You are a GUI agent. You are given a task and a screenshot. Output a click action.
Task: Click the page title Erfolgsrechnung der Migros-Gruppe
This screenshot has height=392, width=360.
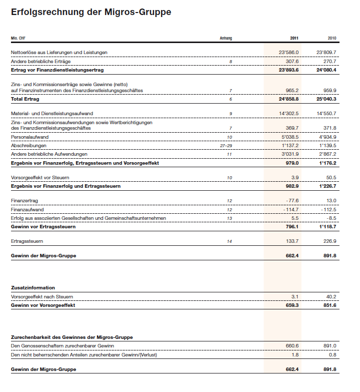[x=91, y=12]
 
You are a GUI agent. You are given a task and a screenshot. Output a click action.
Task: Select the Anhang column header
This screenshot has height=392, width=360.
[x=226, y=39]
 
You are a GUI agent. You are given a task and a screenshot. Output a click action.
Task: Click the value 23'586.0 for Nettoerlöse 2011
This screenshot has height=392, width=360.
[x=288, y=53]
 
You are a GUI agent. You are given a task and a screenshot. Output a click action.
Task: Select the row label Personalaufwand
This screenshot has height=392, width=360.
[x=29, y=137]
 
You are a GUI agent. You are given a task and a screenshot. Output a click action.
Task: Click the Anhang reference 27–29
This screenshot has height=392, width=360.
[x=226, y=145]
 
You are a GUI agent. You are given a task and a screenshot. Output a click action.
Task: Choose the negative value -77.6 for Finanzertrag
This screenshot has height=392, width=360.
[x=291, y=201]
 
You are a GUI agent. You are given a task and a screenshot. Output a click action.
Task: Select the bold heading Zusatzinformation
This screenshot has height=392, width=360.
[x=33, y=288]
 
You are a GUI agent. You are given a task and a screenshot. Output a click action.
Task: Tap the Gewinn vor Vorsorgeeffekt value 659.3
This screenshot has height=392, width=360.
[x=291, y=305]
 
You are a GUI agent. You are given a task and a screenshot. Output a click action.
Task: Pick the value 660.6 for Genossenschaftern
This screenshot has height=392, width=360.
[x=291, y=346]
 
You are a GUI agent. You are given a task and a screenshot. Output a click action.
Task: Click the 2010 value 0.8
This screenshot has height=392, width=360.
[x=332, y=355]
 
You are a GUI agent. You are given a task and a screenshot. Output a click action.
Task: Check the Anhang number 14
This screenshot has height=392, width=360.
[x=229, y=241]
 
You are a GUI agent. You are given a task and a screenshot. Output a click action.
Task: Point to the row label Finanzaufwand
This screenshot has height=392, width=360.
[x=27, y=209]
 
